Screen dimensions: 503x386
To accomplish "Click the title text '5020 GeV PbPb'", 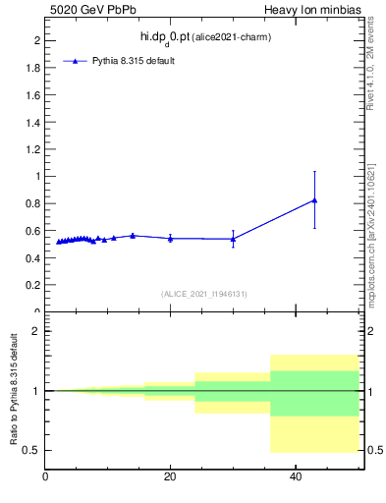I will click(x=84, y=10).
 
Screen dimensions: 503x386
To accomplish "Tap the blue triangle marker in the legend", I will click(x=76, y=61).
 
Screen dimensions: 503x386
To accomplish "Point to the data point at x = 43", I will click(x=314, y=200).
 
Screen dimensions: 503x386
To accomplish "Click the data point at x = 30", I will click(x=233, y=239).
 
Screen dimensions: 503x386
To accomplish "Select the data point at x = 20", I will click(x=171, y=238).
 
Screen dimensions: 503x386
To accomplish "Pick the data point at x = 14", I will click(x=133, y=236).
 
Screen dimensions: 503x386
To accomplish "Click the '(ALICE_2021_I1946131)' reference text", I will click(x=203, y=294).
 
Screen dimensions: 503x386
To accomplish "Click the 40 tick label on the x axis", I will click(x=295, y=476).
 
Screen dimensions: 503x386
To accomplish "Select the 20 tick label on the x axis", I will click(x=170, y=476).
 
